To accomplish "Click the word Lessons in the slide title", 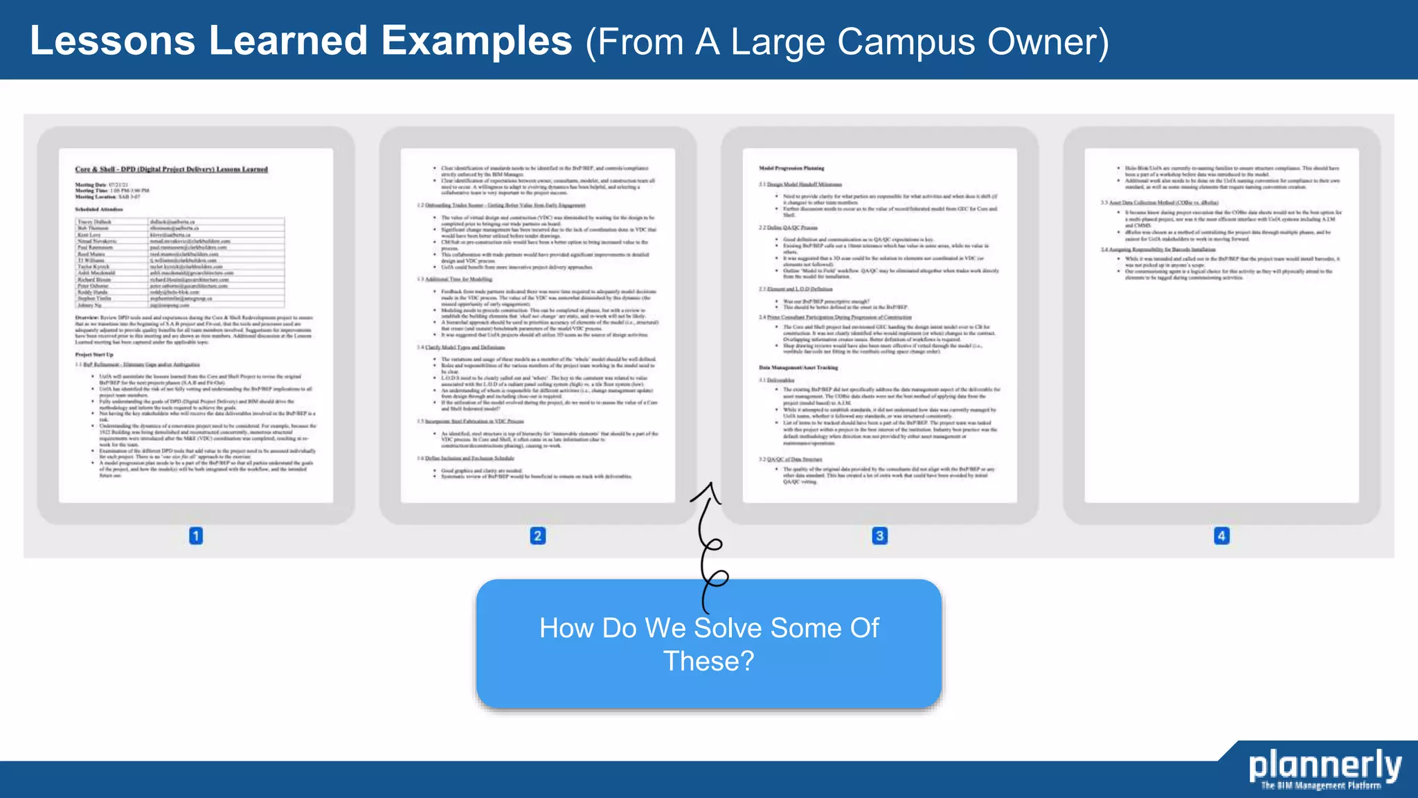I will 112,41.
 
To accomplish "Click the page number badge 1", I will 196,535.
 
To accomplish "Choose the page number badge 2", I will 538,535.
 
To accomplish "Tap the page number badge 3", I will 879,535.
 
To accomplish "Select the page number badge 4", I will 1221,535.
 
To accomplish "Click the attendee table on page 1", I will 180,263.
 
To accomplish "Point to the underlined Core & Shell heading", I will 171,169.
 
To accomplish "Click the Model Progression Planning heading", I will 791,168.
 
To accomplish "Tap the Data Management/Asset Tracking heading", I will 798,367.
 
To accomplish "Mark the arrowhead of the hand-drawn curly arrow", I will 708,488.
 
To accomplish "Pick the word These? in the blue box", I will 708,661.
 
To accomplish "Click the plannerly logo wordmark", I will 1325,765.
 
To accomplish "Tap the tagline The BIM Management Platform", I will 1320,786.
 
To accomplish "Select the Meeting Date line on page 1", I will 102,185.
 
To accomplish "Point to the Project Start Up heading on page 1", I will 94,355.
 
